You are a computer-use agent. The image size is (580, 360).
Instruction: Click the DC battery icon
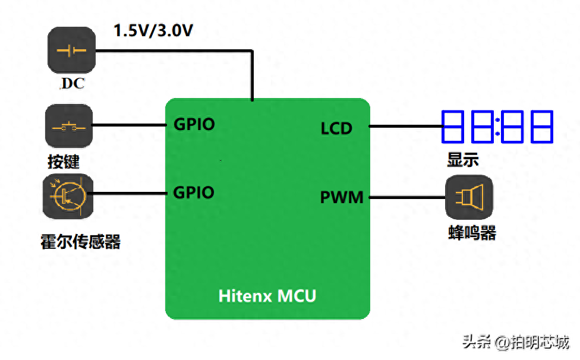click(71, 50)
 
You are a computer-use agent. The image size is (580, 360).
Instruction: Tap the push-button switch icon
click(69, 126)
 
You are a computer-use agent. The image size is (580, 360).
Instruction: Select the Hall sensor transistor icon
click(68, 196)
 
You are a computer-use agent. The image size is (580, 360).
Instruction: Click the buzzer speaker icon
click(469, 197)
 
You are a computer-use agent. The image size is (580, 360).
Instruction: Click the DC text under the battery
click(73, 84)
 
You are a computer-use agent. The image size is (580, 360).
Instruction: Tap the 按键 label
click(64, 162)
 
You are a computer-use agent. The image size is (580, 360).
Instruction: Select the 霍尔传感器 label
click(80, 241)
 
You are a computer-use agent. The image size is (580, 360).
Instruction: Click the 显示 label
click(462, 160)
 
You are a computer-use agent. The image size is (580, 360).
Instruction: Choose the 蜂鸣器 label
click(472, 233)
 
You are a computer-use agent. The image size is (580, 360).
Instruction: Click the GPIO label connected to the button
click(194, 124)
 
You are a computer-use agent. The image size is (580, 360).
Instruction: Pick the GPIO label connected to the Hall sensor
click(194, 192)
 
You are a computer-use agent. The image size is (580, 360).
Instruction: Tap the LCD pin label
click(336, 128)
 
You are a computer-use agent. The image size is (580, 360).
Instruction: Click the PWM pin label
click(342, 197)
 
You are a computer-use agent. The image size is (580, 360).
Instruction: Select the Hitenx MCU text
click(267, 295)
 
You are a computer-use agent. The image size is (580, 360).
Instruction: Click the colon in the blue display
click(496, 127)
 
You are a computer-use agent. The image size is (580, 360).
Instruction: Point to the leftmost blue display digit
click(453, 126)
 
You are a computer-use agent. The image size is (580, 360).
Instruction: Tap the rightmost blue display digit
click(542, 126)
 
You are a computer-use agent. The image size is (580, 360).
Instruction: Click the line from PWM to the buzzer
click(407, 197)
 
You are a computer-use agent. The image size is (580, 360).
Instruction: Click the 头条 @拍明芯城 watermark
click(515, 342)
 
